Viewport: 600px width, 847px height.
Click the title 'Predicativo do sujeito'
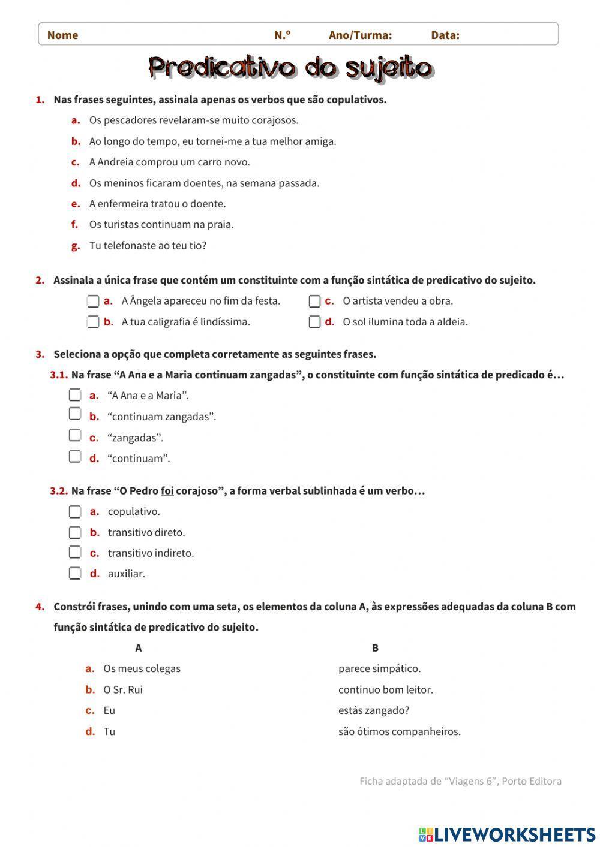click(290, 68)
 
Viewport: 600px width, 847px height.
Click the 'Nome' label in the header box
click(62, 35)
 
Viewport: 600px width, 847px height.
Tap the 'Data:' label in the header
click(445, 35)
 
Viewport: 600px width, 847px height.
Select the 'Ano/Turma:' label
click(360, 35)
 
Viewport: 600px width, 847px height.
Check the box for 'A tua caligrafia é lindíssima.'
click(93, 322)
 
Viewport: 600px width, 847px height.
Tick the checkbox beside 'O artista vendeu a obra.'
click(314, 301)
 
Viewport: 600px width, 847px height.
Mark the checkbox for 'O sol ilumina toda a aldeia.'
click(314, 322)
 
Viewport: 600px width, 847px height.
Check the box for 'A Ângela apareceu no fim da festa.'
click(93, 301)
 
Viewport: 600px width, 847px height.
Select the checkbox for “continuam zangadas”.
click(74, 414)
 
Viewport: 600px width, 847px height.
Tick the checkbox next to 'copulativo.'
click(74, 511)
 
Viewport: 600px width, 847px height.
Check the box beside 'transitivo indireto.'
click(74, 552)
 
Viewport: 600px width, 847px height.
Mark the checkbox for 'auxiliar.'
click(74, 573)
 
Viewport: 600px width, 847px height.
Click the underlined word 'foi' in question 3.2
click(167, 491)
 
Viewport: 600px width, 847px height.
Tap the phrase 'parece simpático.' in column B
click(379, 668)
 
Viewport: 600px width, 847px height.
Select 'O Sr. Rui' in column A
click(123, 689)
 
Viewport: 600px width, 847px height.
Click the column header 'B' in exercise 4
click(375, 647)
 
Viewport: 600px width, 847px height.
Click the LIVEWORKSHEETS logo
click(507, 834)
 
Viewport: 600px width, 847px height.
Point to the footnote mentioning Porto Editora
click(460, 781)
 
